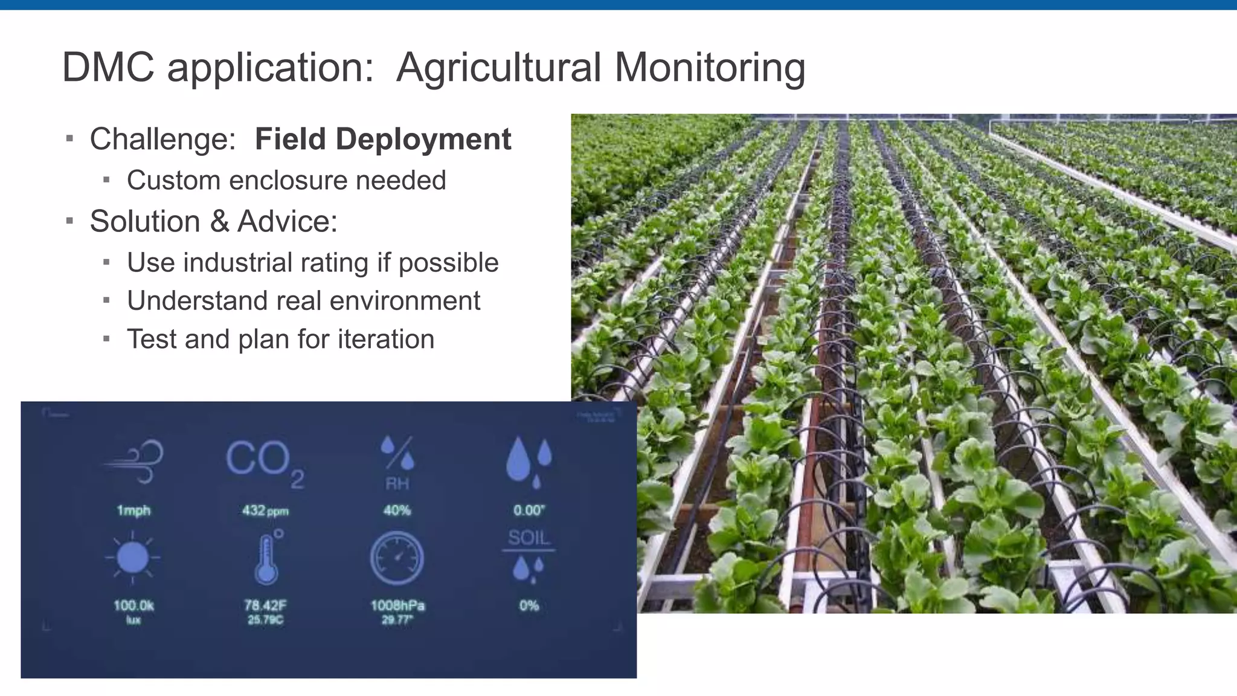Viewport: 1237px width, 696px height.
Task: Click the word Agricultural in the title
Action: coord(498,68)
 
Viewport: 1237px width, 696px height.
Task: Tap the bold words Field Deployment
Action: coord(383,139)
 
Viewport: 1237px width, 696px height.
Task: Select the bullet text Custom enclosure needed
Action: coord(286,180)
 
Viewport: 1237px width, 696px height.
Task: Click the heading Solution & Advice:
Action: coord(213,221)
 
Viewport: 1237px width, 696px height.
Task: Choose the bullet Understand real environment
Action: coord(303,301)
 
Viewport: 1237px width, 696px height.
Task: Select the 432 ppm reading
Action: coord(265,511)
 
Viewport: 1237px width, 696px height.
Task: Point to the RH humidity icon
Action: coord(397,462)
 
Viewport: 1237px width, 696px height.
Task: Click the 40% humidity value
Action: coord(397,511)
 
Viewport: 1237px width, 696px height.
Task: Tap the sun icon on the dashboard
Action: coord(133,557)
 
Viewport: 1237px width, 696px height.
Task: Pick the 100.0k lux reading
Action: coord(133,605)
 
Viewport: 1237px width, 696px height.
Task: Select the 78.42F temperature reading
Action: coord(265,605)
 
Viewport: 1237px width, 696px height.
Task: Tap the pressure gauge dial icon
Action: coord(397,558)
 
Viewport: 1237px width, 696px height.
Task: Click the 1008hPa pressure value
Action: coord(397,605)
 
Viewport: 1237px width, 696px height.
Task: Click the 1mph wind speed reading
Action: coord(133,511)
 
